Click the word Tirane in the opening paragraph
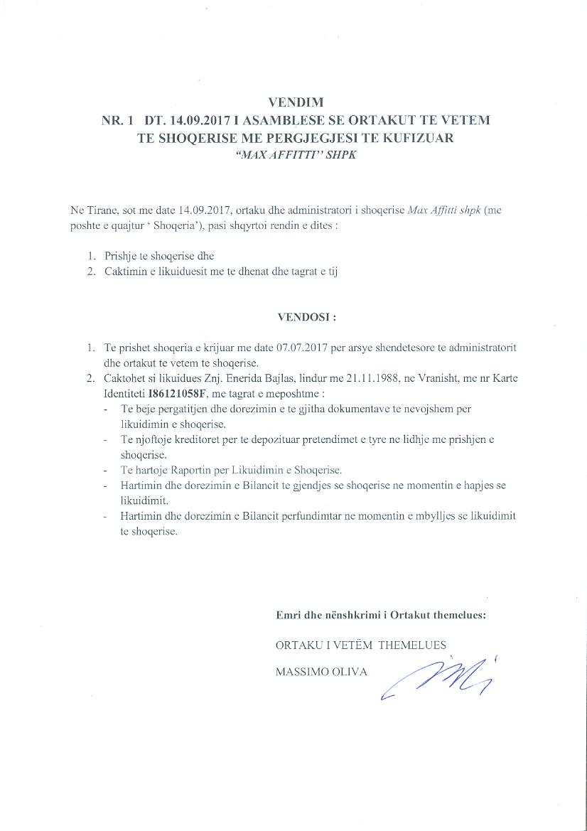click(x=104, y=211)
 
